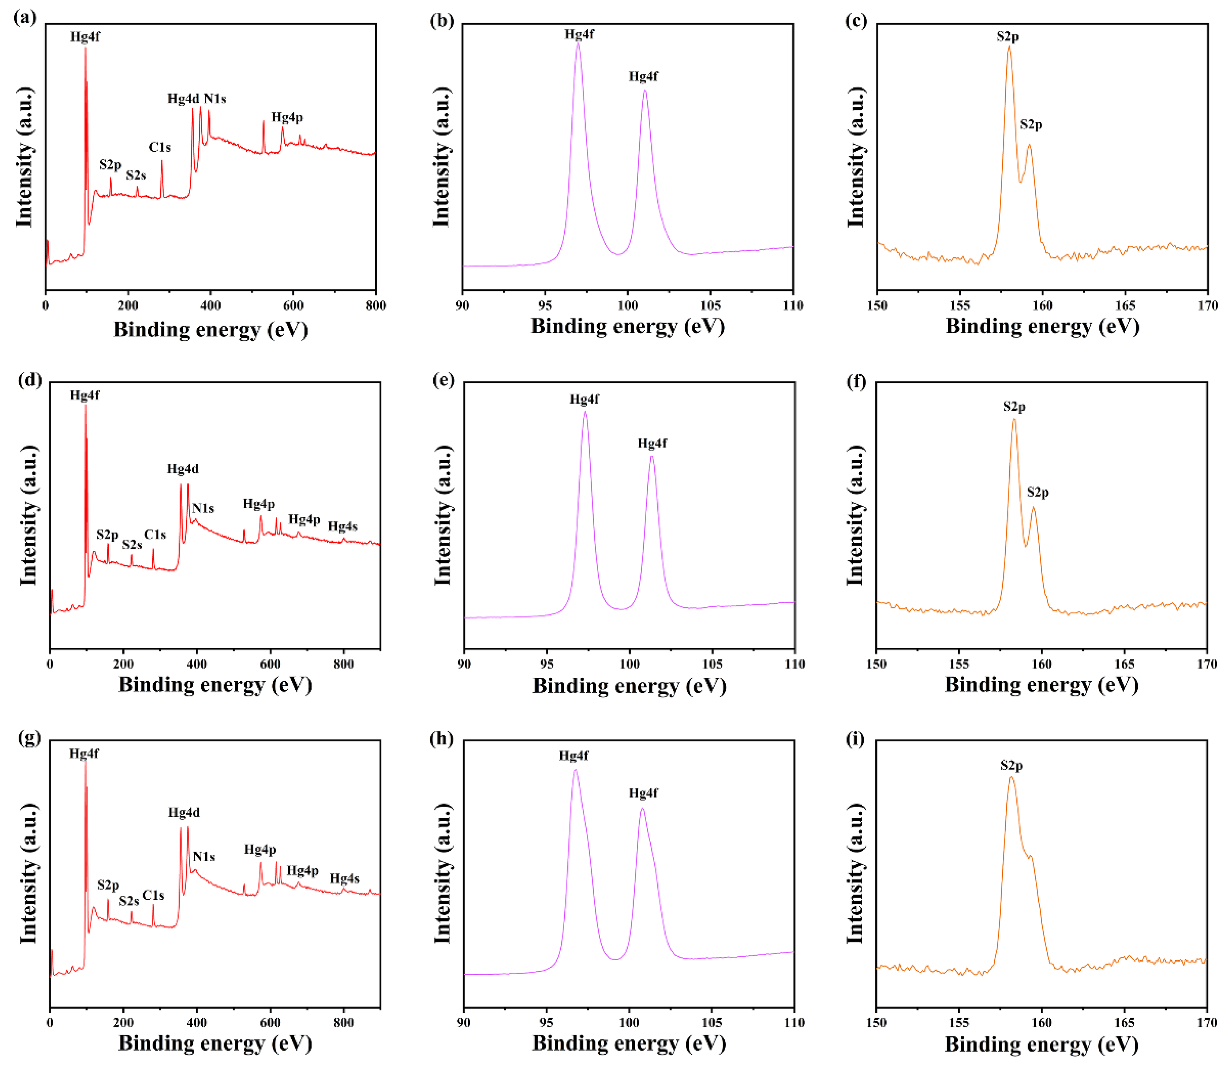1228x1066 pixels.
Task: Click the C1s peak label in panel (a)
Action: point(159,147)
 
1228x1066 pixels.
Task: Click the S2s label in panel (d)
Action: point(132,544)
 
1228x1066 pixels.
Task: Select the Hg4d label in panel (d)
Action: point(183,469)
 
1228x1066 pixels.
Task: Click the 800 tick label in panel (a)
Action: point(376,306)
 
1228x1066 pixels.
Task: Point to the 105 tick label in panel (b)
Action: point(710,306)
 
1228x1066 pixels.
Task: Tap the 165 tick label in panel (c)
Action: point(1124,306)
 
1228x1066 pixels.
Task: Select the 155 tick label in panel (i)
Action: point(959,1022)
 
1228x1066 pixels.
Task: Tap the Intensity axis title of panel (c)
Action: point(855,157)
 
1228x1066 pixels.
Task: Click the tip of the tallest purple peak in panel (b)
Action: point(577,44)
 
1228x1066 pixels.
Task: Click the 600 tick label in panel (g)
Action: point(270,1022)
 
